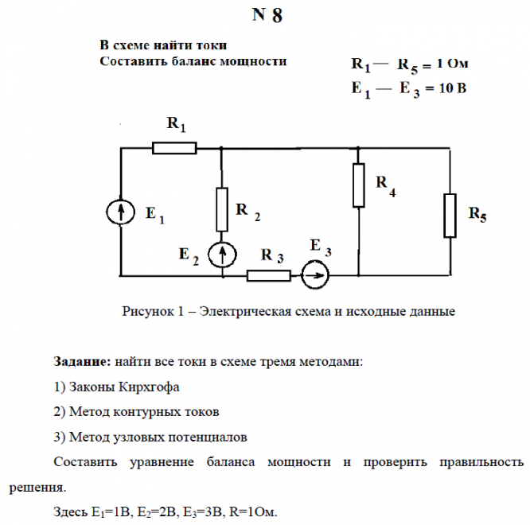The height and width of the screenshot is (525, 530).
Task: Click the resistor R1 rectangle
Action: click(174, 147)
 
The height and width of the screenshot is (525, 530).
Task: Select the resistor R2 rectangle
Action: click(222, 209)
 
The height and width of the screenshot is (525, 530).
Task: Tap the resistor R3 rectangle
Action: click(269, 276)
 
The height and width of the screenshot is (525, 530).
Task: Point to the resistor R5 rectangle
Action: click(450, 215)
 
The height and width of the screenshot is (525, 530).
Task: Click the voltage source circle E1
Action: click(119, 212)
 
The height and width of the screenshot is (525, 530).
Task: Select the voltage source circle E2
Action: click(222, 255)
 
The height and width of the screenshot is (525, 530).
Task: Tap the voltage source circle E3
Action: click(315, 276)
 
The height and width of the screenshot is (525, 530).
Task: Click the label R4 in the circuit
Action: click(385, 185)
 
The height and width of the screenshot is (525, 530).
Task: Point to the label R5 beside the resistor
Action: click(477, 214)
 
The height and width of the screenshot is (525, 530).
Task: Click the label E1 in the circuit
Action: click(154, 216)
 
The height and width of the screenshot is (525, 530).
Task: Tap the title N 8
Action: click(267, 17)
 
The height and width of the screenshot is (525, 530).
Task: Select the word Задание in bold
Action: click(80, 362)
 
